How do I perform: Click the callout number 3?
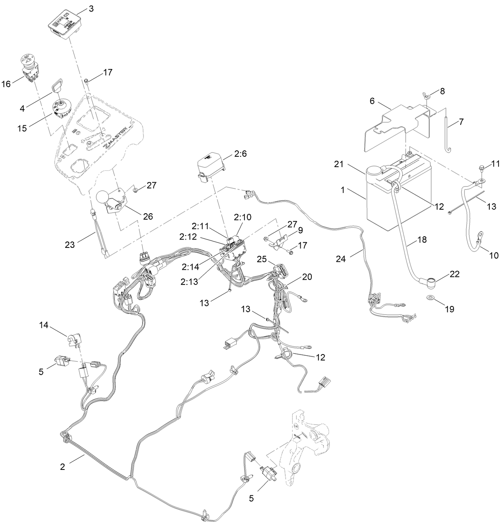coord(91,8)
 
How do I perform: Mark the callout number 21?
coord(339,165)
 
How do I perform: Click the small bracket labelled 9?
coord(282,239)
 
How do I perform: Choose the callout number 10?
coord(493,255)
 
